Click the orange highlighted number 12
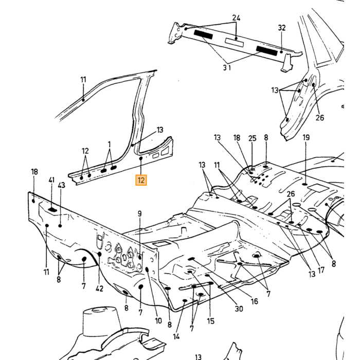tap(141, 180)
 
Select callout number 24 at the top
tap(236, 17)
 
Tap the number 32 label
tap(282, 28)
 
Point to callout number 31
tap(227, 68)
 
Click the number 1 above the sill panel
tap(109, 145)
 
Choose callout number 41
tap(51, 180)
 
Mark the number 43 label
tap(62, 185)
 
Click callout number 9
tap(139, 214)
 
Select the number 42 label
tap(99, 289)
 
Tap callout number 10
tap(158, 321)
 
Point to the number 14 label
tap(176, 336)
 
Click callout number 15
tap(210, 321)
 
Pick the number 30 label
tap(239, 309)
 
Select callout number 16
tap(255, 301)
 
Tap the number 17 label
tap(321, 270)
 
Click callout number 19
tap(306, 137)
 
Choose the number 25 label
tap(253, 138)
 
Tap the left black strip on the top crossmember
tap(204, 34)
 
